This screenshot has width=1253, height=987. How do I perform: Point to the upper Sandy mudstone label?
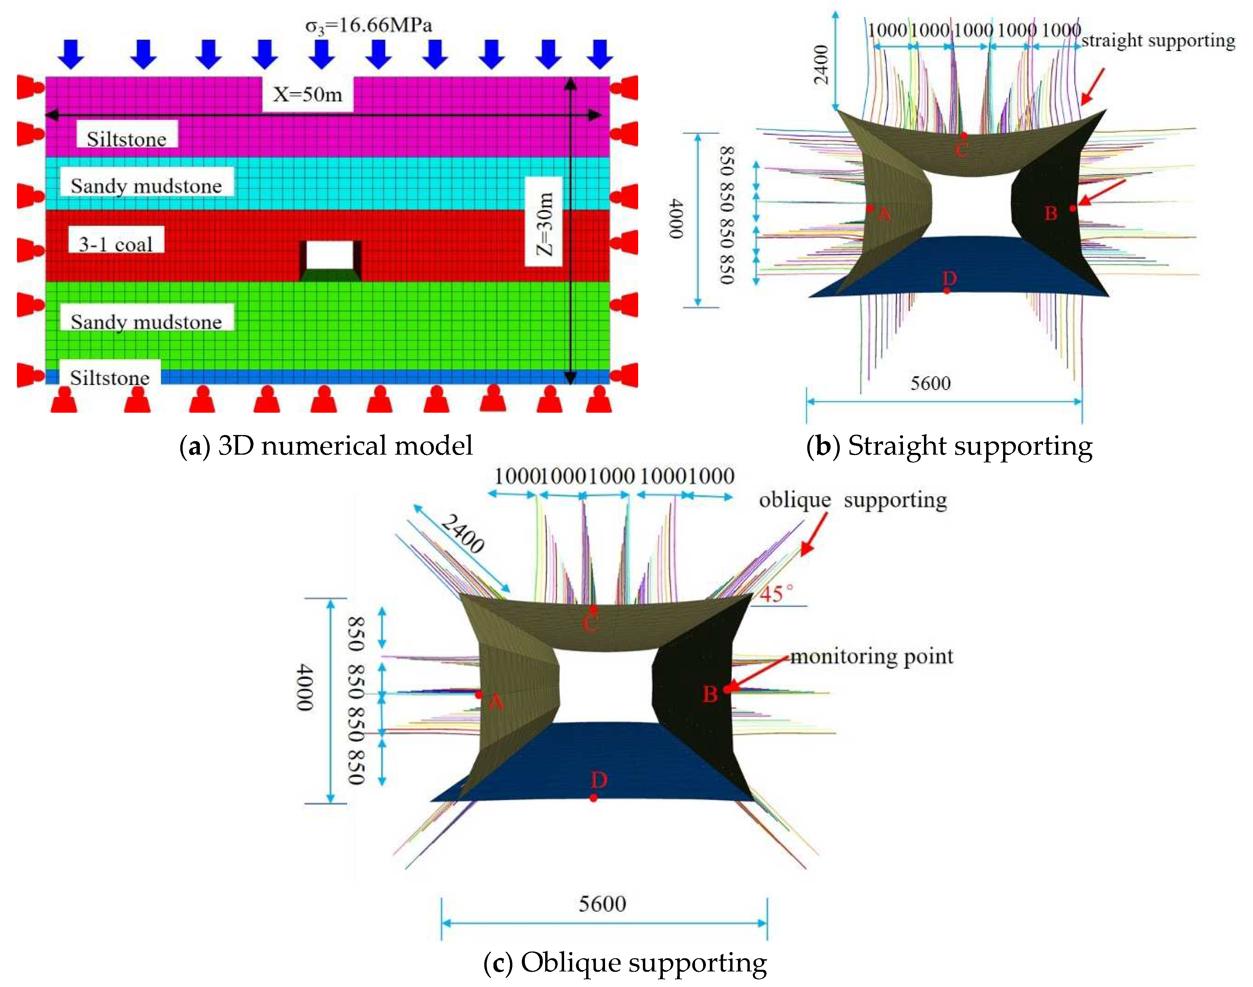[x=146, y=186]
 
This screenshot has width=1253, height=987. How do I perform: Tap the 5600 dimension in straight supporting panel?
[x=930, y=383]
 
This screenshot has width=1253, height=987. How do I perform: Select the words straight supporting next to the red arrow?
[x=1158, y=41]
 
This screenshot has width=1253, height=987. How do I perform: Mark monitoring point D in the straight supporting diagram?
[x=947, y=290]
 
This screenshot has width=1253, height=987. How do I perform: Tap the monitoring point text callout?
[x=872, y=656]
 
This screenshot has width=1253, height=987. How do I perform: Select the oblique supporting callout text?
[x=853, y=500]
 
